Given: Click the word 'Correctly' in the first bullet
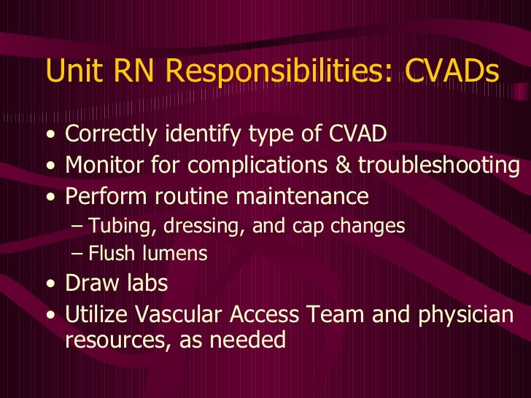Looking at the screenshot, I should point(111,134).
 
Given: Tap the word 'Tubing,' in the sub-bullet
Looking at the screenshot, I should point(119,226).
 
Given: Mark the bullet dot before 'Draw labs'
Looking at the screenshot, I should point(49,284).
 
